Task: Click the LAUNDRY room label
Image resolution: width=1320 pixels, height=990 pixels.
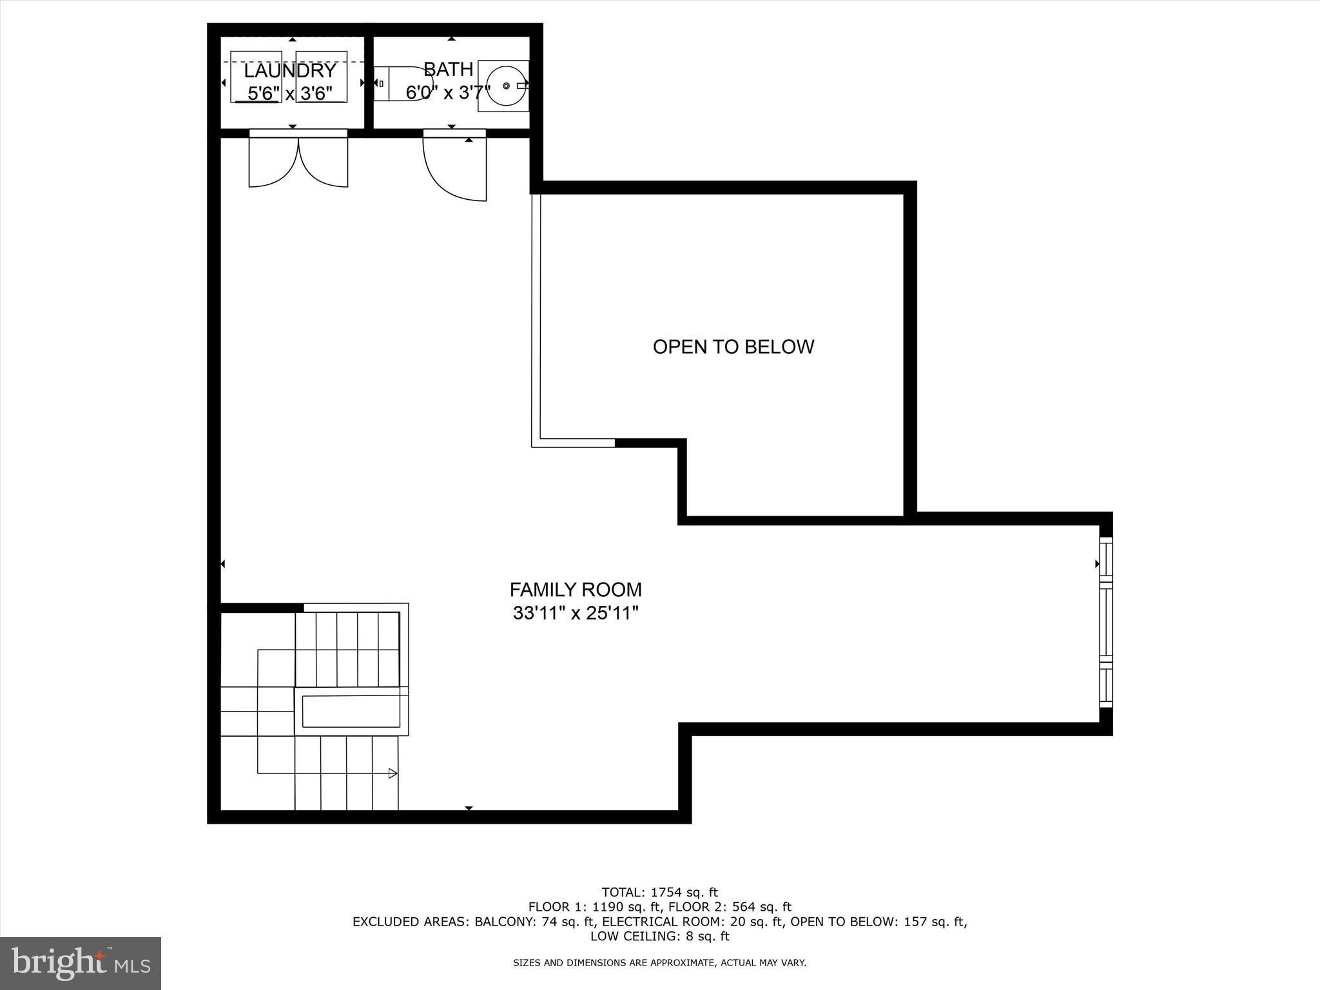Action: (x=290, y=70)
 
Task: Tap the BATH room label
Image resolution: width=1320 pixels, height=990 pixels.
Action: (x=449, y=69)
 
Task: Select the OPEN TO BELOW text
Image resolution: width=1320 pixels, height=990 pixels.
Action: (x=733, y=347)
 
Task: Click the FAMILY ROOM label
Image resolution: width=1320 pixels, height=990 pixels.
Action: (x=576, y=590)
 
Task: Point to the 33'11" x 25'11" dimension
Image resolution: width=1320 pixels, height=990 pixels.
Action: (x=576, y=613)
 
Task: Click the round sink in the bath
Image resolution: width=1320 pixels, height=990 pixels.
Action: (x=506, y=86)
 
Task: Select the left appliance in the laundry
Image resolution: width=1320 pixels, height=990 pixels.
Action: (x=257, y=76)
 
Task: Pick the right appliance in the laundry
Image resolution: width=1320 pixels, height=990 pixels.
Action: (x=322, y=76)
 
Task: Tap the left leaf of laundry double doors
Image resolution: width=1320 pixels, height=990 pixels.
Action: (x=273, y=161)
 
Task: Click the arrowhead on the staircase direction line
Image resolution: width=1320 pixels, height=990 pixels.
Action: (x=393, y=773)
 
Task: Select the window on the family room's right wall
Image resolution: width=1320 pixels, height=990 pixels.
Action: (x=1106, y=623)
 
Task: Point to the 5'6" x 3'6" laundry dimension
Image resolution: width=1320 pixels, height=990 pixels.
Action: (x=290, y=94)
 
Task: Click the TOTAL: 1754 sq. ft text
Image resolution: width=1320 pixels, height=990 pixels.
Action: (x=659, y=893)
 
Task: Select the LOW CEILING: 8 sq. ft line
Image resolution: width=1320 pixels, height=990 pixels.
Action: (x=659, y=937)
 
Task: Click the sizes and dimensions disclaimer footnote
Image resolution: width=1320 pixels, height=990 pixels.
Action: (x=659, y=963)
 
